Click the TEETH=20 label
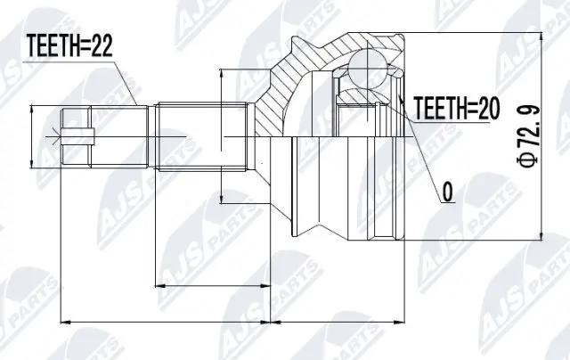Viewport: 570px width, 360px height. click(453, 109)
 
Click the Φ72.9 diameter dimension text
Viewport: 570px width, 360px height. click(528, 135)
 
